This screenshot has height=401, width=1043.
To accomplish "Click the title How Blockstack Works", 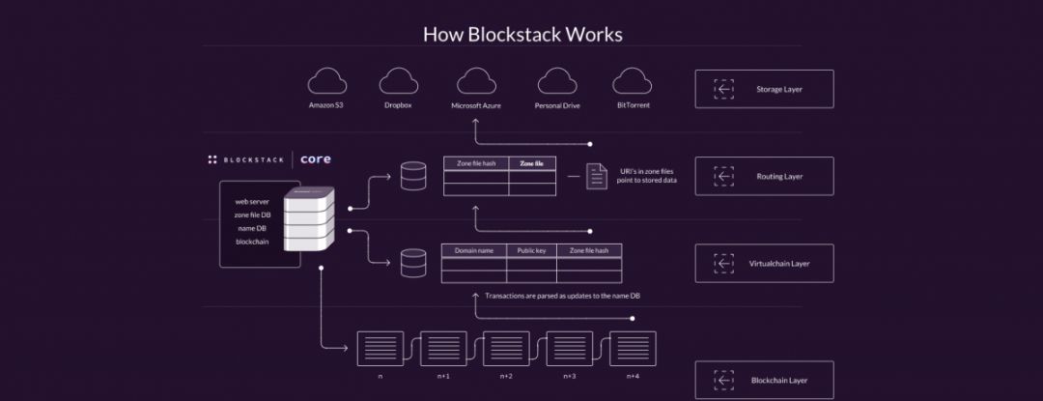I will (x=522, y=34).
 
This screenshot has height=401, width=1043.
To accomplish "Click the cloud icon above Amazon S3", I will (x=326, y=80).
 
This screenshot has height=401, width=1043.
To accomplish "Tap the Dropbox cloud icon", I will (x=398, y=80).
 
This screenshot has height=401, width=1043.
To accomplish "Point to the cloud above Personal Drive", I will (x=556, y=80).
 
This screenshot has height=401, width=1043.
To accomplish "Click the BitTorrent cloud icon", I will (x=633, y=80).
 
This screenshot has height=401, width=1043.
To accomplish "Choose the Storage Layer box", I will (x=764, y=89).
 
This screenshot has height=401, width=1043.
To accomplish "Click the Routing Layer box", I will (x=764, y=177).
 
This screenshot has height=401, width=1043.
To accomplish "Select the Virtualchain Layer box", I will (x=764, y=262).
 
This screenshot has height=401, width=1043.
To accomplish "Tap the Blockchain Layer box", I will (x=764, y=380).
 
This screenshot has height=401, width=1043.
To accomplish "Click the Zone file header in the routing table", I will (x=531, y=163).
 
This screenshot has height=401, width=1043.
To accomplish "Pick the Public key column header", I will (x=531, y=250).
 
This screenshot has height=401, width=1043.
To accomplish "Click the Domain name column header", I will (x=474, y=250).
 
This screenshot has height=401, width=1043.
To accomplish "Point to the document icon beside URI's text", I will (x=597, y=176).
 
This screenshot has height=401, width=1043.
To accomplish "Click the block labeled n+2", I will (x=506, y=348).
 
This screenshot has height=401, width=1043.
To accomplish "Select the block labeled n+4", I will (x=633, y=348).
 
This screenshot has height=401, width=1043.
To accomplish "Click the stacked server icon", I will (x=309, y=219).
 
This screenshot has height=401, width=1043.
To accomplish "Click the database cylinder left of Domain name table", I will (x=412, y=261).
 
